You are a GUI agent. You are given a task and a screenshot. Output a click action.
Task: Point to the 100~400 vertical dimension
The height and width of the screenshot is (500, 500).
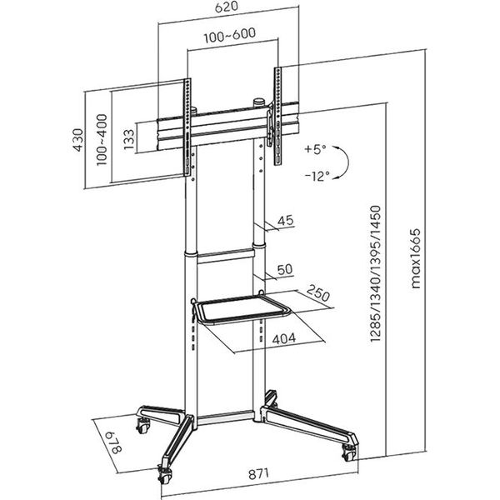click(x=103, y=138)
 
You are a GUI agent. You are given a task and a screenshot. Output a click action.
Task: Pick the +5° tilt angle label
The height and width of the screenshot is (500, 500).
click(x=317, y=148)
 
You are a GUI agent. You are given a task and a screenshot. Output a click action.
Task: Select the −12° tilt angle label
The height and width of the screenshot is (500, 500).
click(x=316, y=176)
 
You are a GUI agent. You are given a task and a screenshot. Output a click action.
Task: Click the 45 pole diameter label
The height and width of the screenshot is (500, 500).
click(x=287, y=220)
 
